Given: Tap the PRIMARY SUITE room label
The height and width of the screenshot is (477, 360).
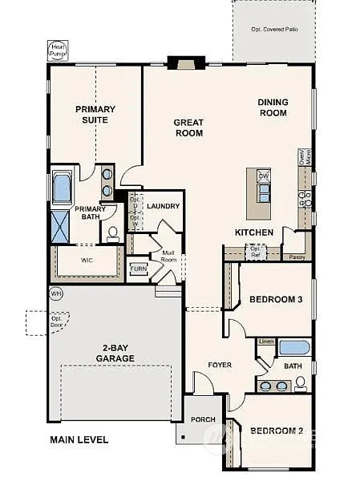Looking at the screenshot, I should (95, 115).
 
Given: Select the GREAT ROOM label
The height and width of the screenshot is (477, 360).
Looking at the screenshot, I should (188, 127).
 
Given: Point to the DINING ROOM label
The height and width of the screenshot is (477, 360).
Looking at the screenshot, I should (273, 107).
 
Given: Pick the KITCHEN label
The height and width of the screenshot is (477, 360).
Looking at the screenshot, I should (254, 232).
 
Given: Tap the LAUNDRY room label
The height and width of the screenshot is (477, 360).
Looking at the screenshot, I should (163, 206).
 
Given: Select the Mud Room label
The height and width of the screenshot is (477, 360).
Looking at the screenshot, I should (169, 255).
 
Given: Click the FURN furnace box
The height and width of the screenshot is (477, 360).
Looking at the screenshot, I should (140, 269).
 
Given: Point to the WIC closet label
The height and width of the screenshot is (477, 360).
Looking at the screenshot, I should (88, 260).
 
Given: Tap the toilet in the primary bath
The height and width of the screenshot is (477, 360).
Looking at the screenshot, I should (113, 234).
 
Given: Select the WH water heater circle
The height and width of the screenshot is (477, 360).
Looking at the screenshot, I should (55, 293).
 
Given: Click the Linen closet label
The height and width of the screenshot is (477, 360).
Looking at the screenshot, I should (266, 342).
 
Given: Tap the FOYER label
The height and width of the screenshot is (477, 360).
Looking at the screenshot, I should (220, 365).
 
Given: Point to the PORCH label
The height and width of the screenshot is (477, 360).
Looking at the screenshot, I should (201, 419).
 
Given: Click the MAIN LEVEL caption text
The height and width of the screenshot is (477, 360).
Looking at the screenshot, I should (79, 439).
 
